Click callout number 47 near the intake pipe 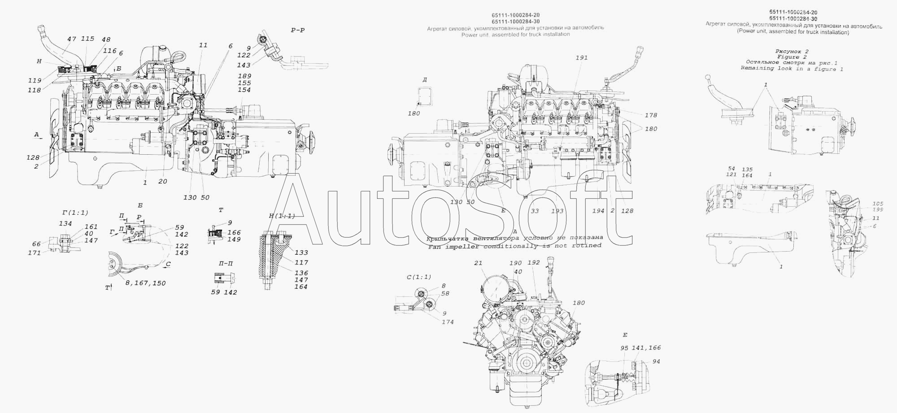point(71,39)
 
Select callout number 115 point(87,39)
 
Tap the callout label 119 point(35,81)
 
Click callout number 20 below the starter point(163,182)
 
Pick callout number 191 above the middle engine point(582,58)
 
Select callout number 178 point(651,115)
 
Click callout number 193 point(557,211)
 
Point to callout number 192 point(534,263)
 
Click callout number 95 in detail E point(625,348)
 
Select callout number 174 point(447,322)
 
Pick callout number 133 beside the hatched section point(301,253)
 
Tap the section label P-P point(298,30)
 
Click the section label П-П point(226,263)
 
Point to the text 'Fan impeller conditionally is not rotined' point(514,246)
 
